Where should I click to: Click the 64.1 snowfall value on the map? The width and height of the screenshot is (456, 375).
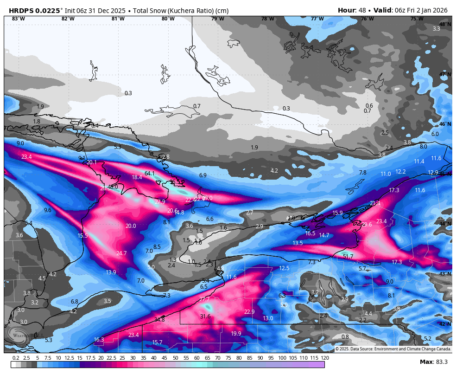click(x=150, y=174)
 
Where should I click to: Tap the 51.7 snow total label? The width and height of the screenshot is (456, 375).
click(x=348, y=256)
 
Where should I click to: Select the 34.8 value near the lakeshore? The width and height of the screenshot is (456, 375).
click(x=159, y=319)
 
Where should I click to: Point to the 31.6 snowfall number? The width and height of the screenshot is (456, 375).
click(x=205, y=316)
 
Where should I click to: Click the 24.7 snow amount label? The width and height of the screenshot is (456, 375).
click(x=121, y=253)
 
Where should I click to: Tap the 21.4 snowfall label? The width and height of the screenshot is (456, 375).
click(x=375, y=203)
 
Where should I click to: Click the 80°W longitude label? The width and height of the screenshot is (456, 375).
click(x=168, y=19)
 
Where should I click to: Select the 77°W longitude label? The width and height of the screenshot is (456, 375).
click(x=317, y=19)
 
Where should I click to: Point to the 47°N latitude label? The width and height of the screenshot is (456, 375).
click(x=445, y=74)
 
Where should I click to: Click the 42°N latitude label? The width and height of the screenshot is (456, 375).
click(x=445, y=324)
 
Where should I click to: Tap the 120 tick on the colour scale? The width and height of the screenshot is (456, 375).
click(x=324, y=358)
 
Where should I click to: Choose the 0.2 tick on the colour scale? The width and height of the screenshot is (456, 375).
click(x=16, y=358)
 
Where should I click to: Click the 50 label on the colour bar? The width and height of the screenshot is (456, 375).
click(x=176, y=358)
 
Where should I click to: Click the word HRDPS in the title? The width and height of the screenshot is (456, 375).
click(x=22, y=10)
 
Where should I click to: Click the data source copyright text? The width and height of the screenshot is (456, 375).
click(x=393, y=349)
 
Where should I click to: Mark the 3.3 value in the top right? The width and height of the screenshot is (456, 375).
click(x=436, y=29)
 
